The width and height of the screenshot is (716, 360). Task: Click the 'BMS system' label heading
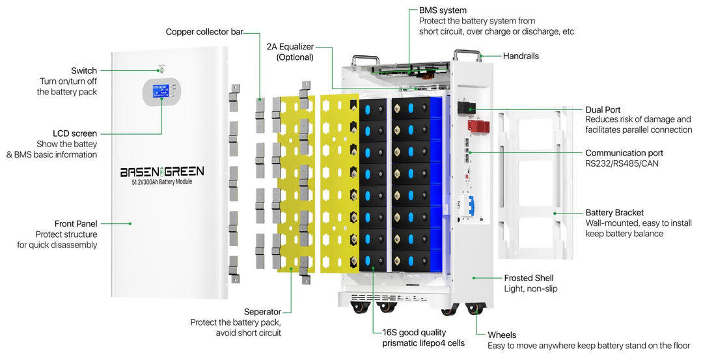(x=443, y=10)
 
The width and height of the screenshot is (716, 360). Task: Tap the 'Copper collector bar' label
(x=204, y=31)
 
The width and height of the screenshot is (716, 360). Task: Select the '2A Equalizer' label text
(x=290, y=47)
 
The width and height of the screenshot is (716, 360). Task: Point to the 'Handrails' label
(x=521, y=56)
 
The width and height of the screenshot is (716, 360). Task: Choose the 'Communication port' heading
(x=624, y=153)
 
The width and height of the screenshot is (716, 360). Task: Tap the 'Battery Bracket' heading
(x=614, y=212)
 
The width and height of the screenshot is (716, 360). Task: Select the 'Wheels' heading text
(x=502, y=335)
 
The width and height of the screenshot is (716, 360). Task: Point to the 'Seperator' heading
(x=262, y=312)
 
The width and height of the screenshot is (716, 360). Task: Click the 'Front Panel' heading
(x=76, y=223)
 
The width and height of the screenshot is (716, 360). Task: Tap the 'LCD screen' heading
(x=75, y=133)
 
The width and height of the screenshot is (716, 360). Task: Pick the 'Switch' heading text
(x=84, y=70)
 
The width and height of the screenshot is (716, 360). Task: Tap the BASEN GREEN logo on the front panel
(x=162, y=171)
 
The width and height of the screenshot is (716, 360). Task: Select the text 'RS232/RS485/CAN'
(x=622, y=163)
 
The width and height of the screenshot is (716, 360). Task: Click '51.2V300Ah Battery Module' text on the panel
(x=162, y=182)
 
